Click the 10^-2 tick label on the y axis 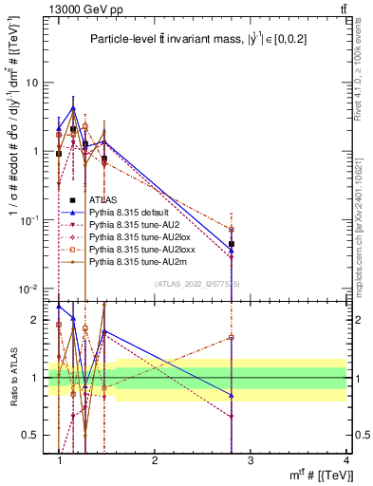[28, 290]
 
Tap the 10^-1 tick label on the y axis [28, 220]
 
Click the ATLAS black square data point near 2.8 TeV [231, 244]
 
